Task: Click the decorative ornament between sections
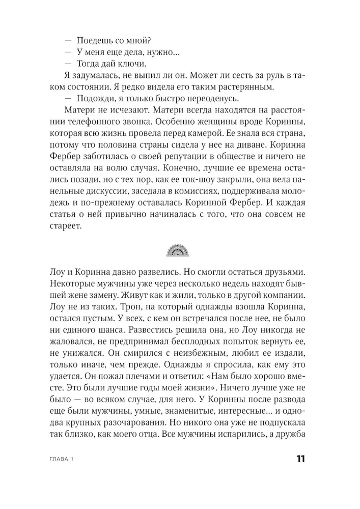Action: pyautogui.click(x=180, y=249)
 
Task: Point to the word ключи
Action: pyautogui.click(x=131, y=64)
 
